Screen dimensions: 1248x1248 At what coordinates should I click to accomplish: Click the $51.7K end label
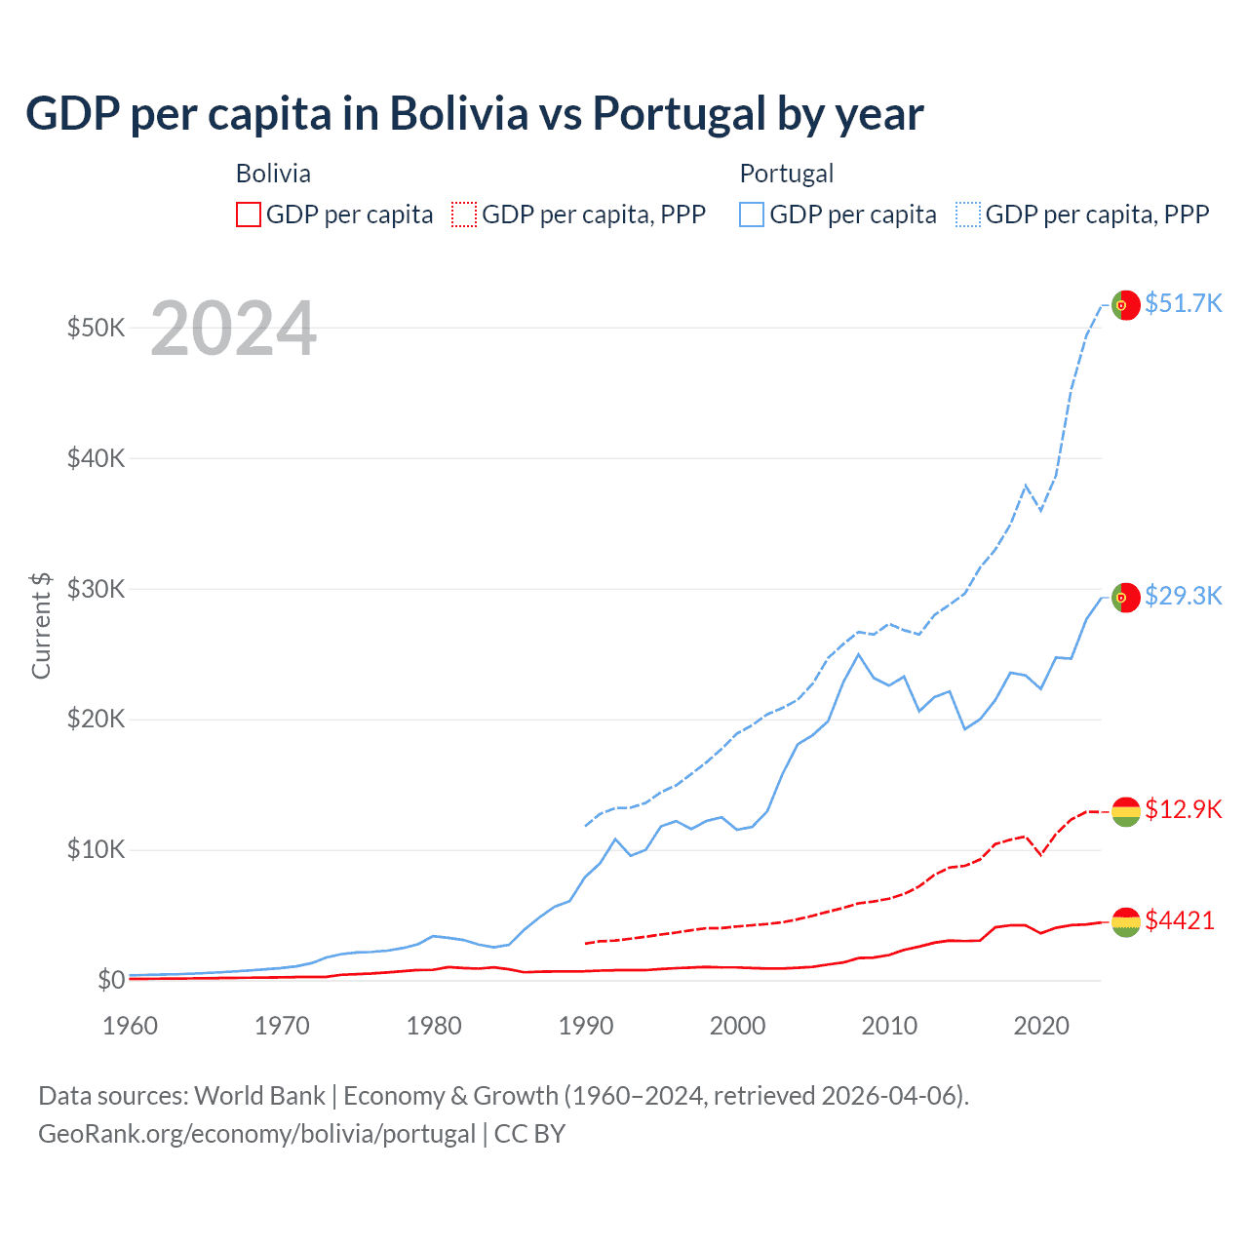(1183, 303)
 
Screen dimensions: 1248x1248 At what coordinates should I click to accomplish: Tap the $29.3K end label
(1183, 596)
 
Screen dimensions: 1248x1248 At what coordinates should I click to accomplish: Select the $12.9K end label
(1183, 809)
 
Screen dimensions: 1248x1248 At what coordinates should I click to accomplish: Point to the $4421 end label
(1180, 920)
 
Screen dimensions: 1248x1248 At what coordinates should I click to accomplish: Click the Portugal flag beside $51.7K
(1126, 305)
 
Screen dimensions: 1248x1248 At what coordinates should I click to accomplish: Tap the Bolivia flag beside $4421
(1126, 921)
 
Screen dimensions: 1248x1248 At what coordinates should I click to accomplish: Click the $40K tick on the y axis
(96, 458)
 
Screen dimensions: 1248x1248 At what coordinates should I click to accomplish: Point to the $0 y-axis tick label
(111, 980)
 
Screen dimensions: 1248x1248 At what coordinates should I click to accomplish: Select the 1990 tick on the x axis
(586, 1026)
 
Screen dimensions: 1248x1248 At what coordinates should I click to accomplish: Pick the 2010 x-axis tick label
(889, 1026)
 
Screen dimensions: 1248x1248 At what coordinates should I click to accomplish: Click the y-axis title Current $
(41, 625)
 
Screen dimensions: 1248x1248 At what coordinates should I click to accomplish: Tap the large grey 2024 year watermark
(233, 329)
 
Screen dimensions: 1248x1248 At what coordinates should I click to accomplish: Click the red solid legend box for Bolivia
(249, 214)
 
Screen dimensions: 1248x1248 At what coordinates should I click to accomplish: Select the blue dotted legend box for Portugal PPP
(968, 214)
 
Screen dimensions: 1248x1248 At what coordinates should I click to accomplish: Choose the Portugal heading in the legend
(787, 174)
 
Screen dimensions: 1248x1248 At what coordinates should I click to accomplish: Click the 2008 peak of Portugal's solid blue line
(858, 654)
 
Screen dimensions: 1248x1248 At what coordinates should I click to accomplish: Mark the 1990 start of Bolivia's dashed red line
(586, 943)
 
